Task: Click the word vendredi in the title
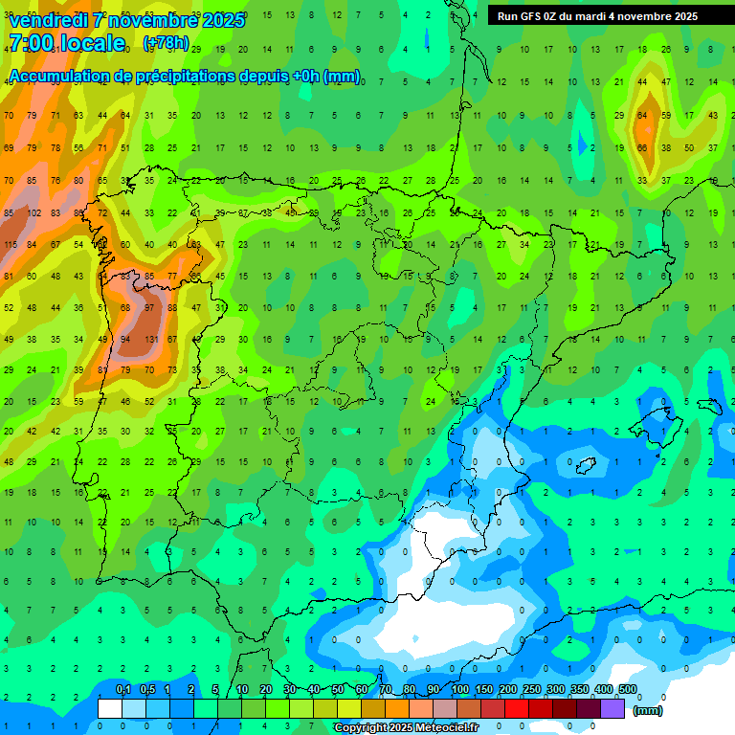point(47,20)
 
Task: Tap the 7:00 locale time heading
point(67,43)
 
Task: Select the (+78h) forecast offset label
point(165,44)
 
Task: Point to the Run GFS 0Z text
point(532,16)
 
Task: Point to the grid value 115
point(11,245)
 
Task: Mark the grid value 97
point(148,308)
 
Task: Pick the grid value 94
point(125,339)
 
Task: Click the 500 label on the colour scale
point(628,690)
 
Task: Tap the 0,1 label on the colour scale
point(122,690)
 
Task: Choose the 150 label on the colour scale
point(484,690)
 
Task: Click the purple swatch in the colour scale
point(612,708)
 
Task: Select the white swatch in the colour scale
point(110,708)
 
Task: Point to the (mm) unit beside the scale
point(648,710)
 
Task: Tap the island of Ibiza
point(586,466)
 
